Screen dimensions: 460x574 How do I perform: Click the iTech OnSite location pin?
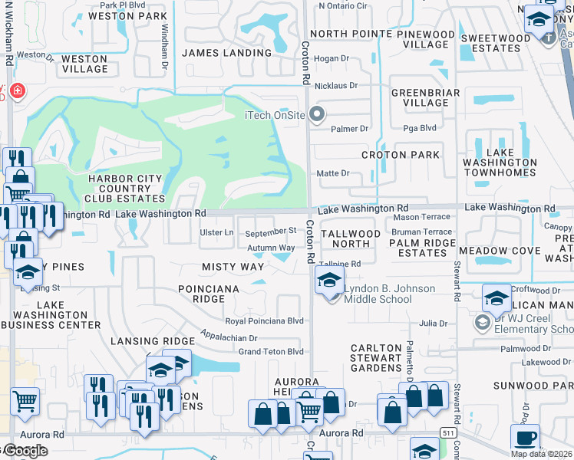[318, 116]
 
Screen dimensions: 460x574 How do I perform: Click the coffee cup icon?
[525, 439]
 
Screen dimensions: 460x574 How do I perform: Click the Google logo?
[25, 451]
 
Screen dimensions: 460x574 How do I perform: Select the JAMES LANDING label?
[226, 53]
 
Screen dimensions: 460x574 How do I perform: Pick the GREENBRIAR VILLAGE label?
[420, 97]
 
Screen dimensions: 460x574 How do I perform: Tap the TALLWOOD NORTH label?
[350, 238]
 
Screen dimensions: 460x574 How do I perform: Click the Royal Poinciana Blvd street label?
[264, 321]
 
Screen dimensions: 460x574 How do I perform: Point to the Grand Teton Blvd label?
[271, 352]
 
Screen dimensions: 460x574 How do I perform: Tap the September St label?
[271, 231]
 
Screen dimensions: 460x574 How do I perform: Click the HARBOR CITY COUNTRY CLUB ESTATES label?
[125, 189]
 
